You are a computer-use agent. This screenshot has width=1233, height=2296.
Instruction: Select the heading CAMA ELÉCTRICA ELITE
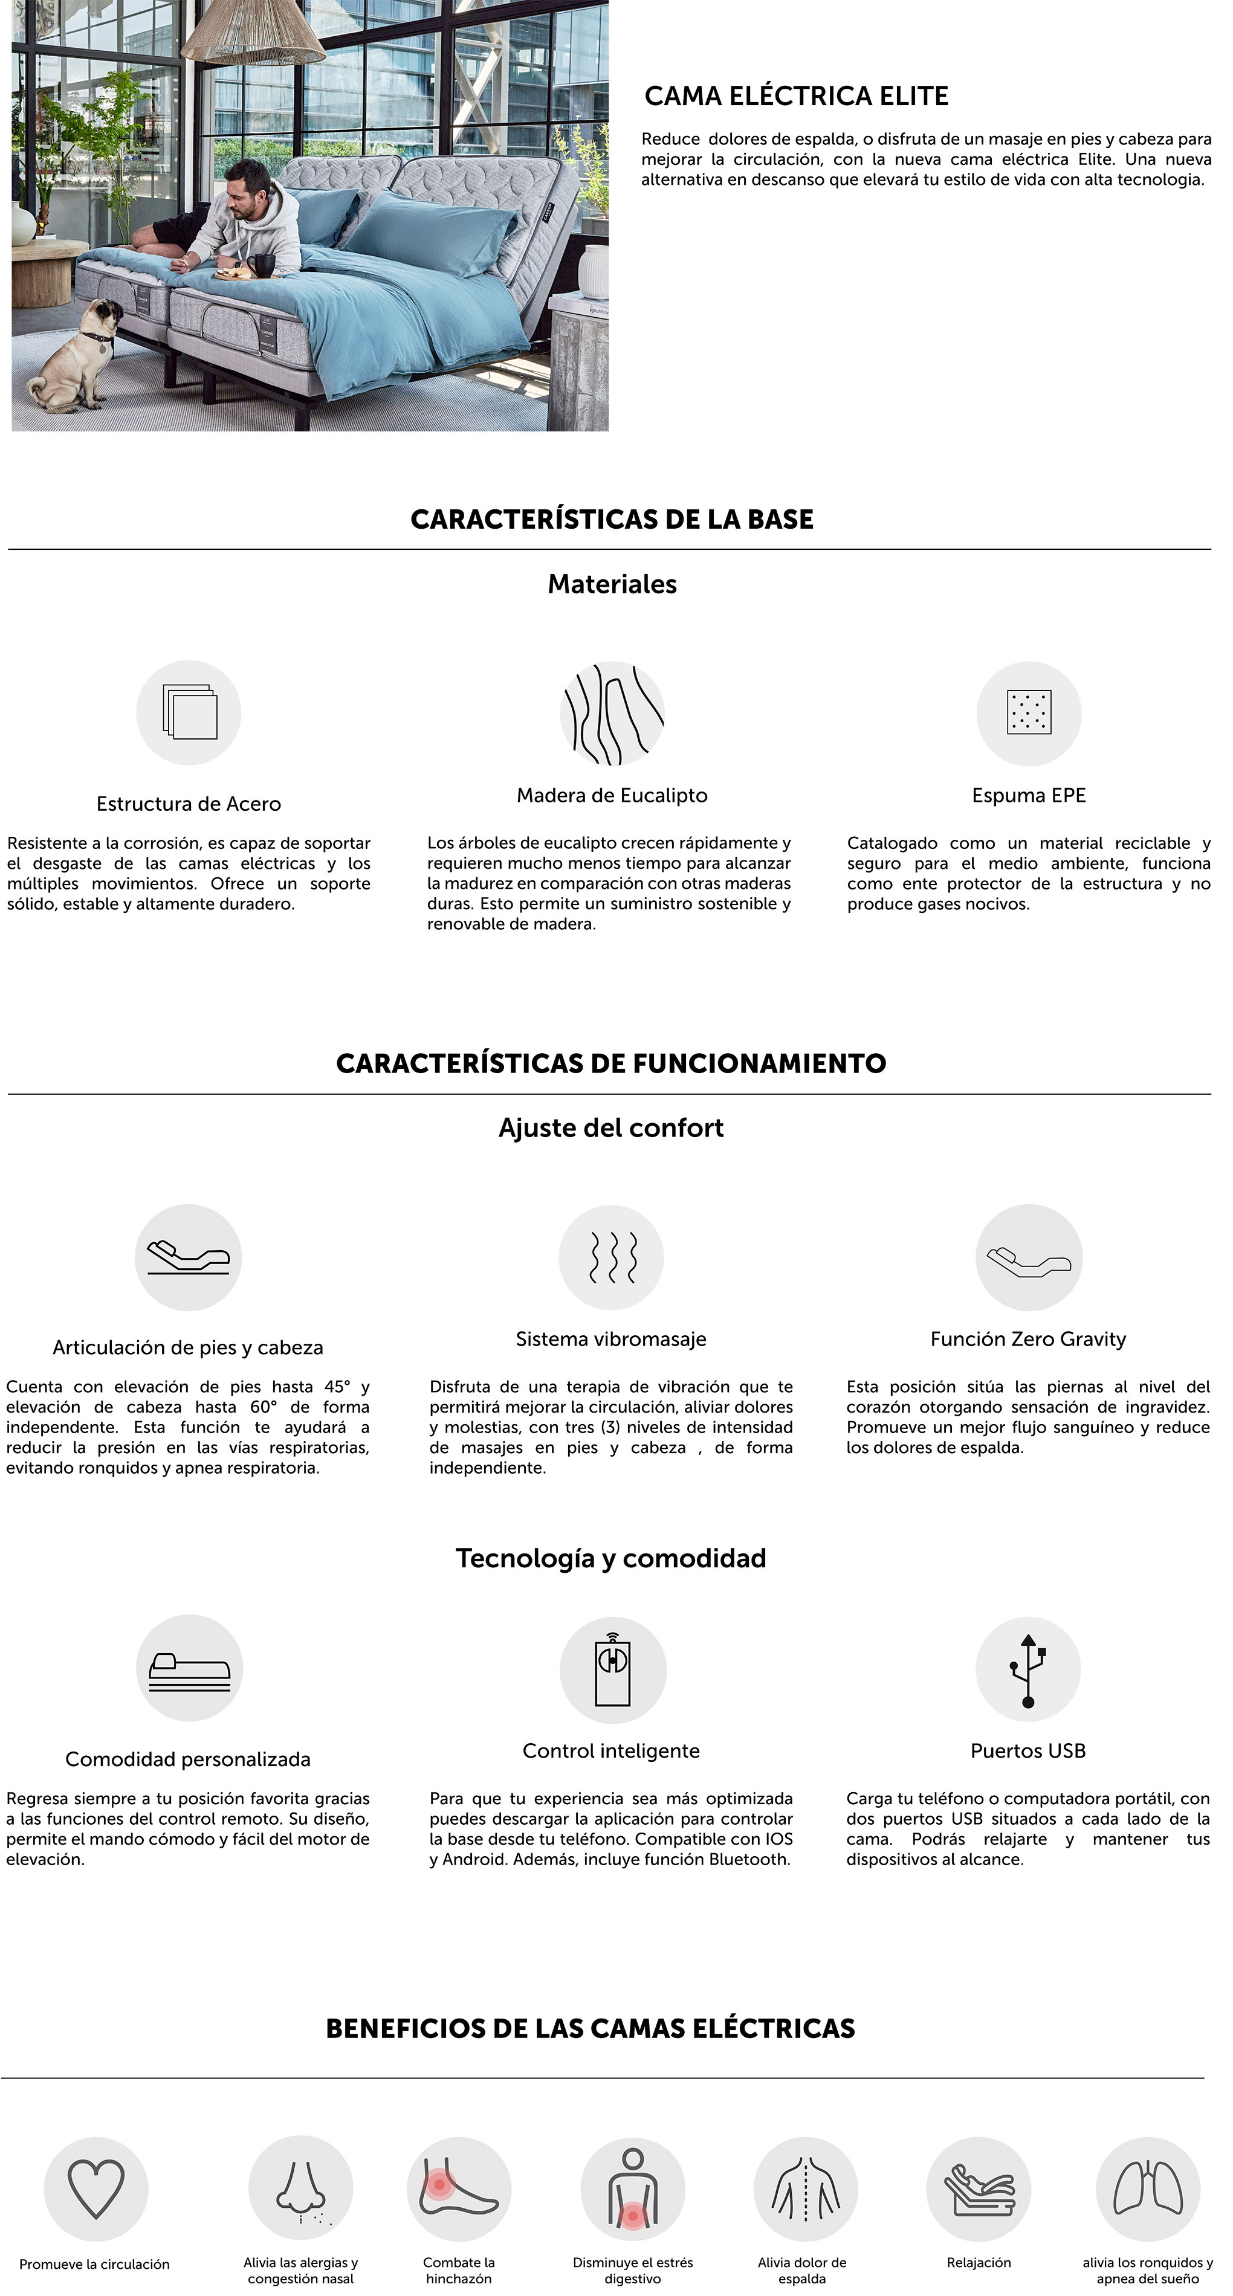[x=796, y=96]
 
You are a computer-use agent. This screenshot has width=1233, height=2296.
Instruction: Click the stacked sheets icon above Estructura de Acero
[x=189, y=712]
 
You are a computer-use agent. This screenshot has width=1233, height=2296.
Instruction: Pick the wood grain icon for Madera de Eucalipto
[x=612, y=713]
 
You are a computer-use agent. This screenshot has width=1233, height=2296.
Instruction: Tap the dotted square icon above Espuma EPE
[x=1029, y=713]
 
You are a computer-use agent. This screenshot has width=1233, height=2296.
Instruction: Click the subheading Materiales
[x=612, y=584]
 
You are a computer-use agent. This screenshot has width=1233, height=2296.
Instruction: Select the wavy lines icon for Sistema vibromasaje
[x=612, y=1257]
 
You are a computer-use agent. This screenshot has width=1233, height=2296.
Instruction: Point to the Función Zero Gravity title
[x=1028, y=1339]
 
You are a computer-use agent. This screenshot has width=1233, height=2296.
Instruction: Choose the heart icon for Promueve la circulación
[x=96, y=2190]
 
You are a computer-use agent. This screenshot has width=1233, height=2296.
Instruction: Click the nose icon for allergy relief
[x=300, y=2190]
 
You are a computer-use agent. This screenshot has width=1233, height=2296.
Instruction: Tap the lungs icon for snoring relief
[x=1147, y=2190]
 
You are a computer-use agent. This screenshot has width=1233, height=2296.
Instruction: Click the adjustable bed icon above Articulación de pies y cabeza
[x=188, y=1257]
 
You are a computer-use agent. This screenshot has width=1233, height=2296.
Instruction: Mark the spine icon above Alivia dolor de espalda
[x=805, y=2190]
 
